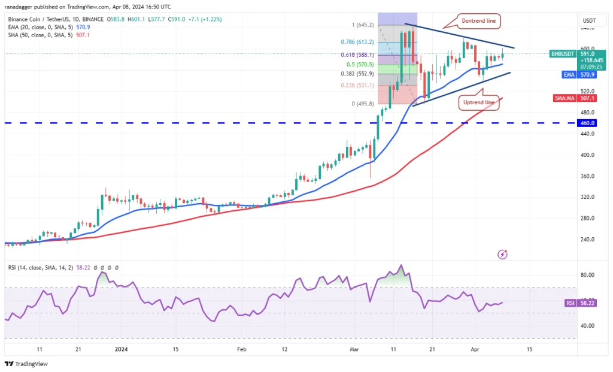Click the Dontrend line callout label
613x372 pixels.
(x=480, y=22)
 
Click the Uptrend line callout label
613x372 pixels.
(x=479, y=102)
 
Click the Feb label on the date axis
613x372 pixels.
(x=242, y=349)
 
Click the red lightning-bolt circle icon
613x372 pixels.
(x=503, y=255)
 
